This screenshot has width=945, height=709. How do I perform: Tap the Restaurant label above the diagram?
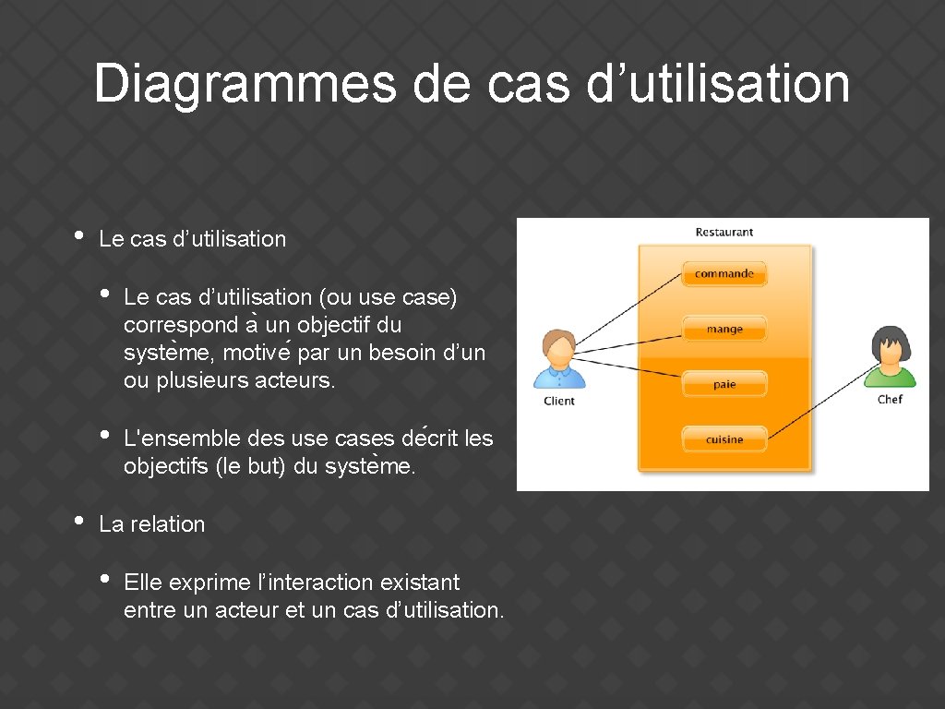(x=724, y=232)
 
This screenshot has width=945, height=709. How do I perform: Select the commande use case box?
(x=724, y=273)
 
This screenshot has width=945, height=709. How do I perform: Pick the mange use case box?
(x=724, y=329)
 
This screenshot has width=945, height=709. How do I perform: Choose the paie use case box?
(x=724, y=384)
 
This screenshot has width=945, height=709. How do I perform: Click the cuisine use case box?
(x=724, y=439)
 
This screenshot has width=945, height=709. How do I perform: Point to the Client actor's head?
(x=559, y=348)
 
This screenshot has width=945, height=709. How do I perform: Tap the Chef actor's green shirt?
(x=891, y=377)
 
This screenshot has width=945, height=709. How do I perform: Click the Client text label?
(x=559, y=401)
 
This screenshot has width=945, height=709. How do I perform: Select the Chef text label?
(x=890, y=400)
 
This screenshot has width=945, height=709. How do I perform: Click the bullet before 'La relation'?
(x=78, y=521)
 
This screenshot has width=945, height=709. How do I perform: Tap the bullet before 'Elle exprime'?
(x=104, y=580)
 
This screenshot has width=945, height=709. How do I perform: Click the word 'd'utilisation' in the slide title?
(x=717, y=84)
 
